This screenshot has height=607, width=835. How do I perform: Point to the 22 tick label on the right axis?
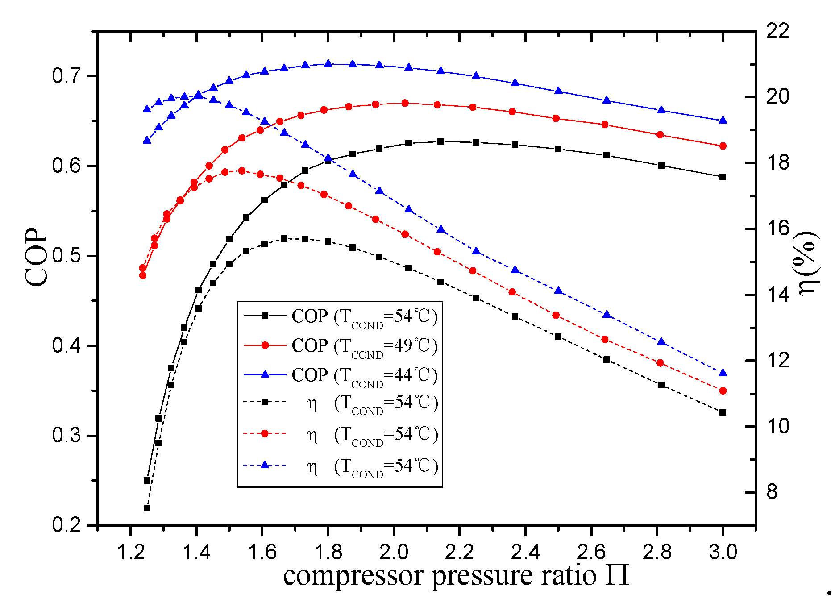(x=778, y=31)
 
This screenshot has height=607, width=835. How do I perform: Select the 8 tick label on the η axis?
(x=772, y=492)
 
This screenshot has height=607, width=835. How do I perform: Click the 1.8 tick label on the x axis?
(x=328, y=553)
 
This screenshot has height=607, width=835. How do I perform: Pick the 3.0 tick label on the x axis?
(x=723, y=553)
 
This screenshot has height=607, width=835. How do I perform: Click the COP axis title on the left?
(x=37, y=258)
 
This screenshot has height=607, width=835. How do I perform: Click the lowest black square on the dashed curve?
(x=147, y=508)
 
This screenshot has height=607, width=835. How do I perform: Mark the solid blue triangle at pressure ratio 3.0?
(x=723, y=121)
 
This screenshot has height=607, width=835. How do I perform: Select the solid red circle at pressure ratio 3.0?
(x=723, y=146)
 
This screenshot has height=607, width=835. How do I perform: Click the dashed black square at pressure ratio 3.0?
(x=723, y=412)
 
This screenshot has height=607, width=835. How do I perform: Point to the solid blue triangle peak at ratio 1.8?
(x=328, y=63)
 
